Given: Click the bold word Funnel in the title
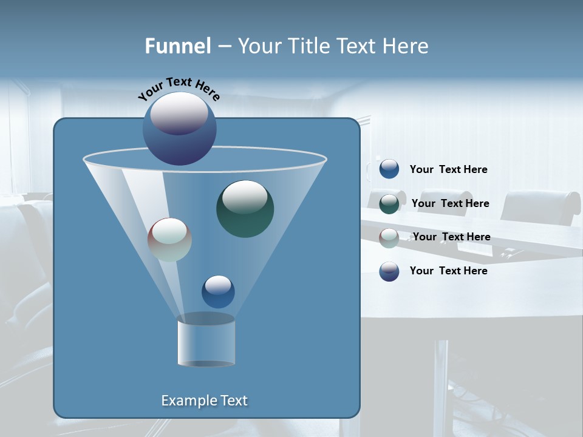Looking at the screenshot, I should [178, 46].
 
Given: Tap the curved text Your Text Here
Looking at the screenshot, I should [179, 89].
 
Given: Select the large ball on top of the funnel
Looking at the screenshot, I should [180, 129].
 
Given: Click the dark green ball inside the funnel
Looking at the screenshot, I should [245, 208].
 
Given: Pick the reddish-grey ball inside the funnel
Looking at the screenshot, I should [170, 240].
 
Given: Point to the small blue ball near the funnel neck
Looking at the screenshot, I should [218, 291].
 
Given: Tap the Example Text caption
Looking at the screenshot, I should [205, 401].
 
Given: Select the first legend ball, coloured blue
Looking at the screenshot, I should [389, 169].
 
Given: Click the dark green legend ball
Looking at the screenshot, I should [389, 203].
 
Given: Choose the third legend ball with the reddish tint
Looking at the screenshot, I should [389, 237].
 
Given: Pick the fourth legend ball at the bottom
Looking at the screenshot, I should [389, 271].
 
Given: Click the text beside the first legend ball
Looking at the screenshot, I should [448, 170].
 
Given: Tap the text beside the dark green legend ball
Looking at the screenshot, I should [450, 204].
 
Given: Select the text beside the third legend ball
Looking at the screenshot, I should [451, 237].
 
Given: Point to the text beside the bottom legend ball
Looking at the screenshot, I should [448, 271].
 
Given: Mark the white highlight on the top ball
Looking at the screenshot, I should [179, 113].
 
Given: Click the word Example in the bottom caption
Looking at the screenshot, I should [185, 401].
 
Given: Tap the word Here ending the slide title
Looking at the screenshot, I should [406, 46].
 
